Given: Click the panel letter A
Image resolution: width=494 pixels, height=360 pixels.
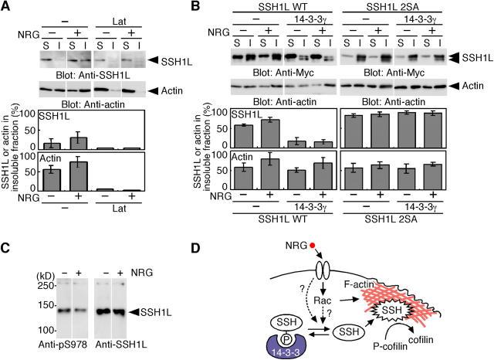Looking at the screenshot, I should click(x=7, y=8).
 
